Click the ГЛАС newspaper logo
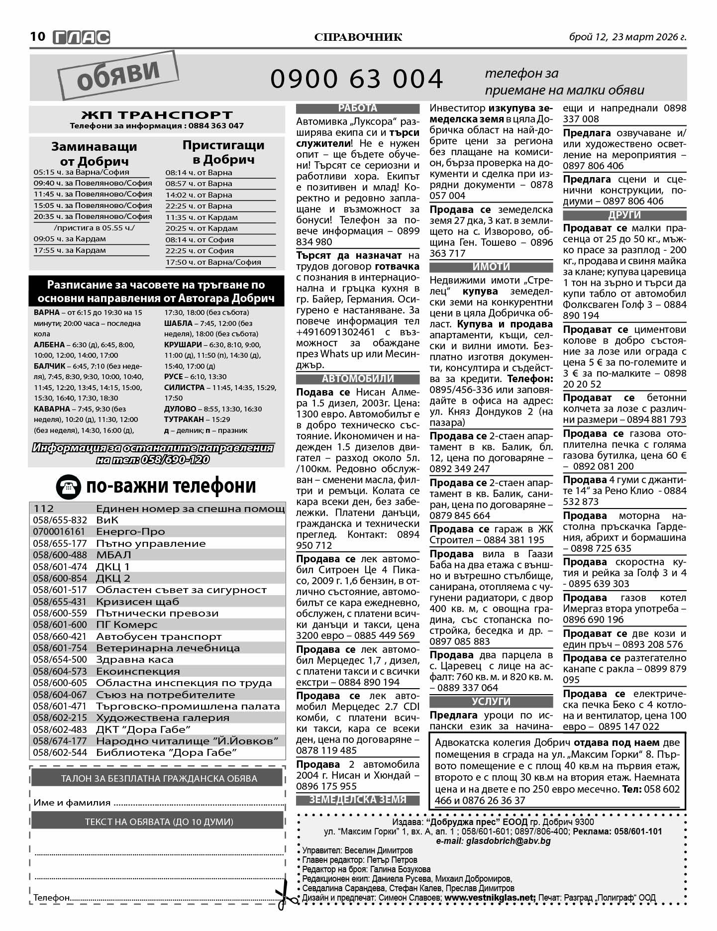tap(81, 37)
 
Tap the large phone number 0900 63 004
tap(356, 79)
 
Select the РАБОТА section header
tap(358, 108)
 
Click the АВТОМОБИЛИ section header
tap(358, 379)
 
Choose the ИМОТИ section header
tap(491, 267)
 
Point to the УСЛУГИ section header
tap(491, 702)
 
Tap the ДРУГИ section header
tap(624, 215)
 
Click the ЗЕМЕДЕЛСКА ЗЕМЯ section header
tap(358, 800)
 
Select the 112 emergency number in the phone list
tap(44, 509)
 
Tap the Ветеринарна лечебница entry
tap(168, 648)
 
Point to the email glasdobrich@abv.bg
tap(493, 841)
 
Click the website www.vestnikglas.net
tap(490, 898)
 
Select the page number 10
tap(38, 37)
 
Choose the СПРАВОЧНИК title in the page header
tap(358, 37)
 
